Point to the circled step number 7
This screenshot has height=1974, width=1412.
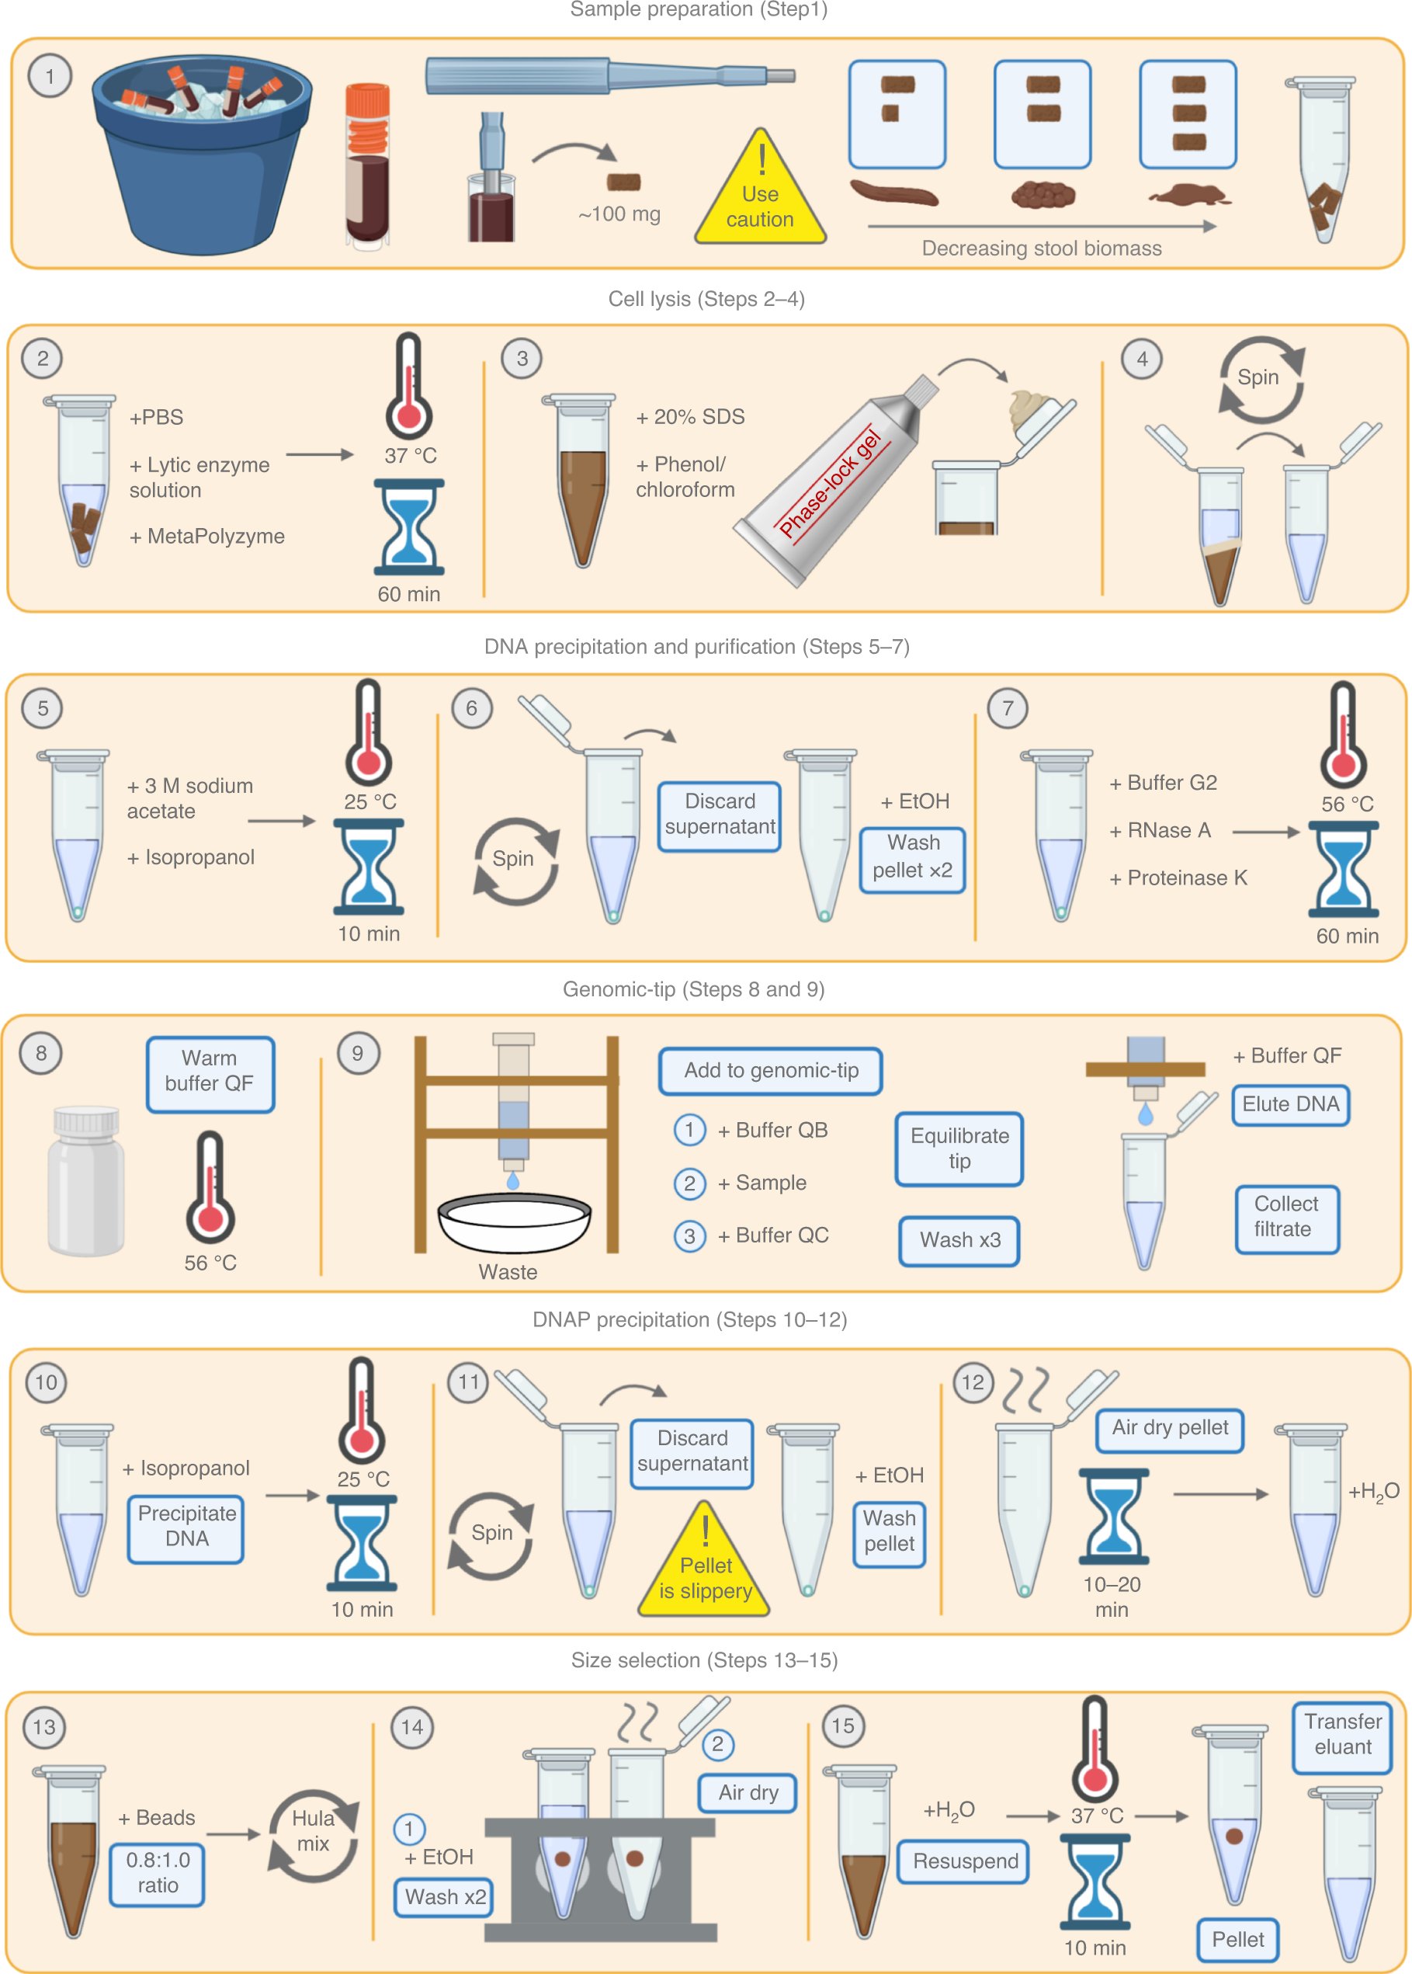1007,709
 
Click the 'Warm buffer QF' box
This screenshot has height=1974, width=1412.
210,1073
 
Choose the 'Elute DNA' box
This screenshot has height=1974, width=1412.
1289,1104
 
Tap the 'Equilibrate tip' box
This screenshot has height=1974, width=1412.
959,1148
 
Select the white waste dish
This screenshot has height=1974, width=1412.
514,1222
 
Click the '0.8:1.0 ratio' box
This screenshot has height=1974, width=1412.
158,1874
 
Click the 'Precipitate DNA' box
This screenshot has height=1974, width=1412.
186,1528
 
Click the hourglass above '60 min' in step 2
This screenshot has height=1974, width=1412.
408,527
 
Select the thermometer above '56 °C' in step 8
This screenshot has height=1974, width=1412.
210,1187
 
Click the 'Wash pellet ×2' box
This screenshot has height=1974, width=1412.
912,857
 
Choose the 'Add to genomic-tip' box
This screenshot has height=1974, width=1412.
770,1071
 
